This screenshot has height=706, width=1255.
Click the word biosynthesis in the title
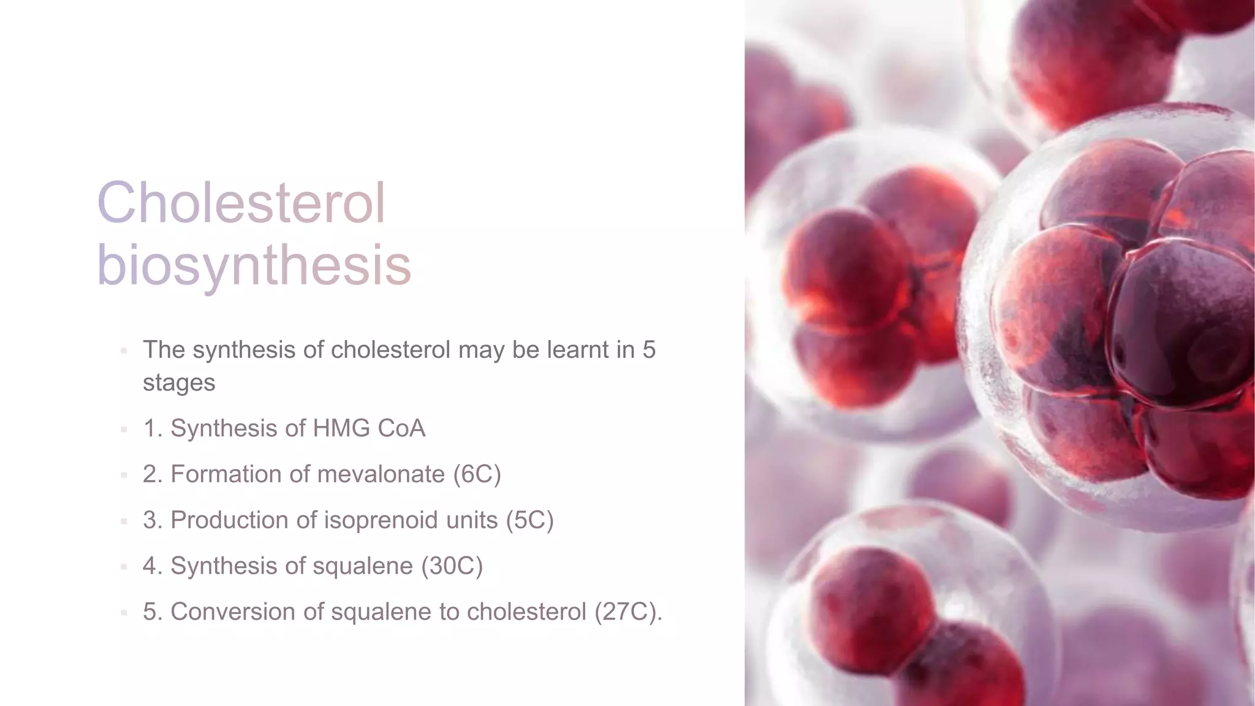(254, 265)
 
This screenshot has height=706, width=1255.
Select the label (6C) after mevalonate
(477, 474)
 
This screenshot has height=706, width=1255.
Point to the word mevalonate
(381, 474)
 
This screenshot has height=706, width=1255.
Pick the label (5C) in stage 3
(529, 520)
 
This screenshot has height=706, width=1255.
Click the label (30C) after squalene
(452, 566)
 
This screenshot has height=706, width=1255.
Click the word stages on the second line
(179, 383)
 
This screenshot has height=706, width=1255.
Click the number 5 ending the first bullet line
(649, 350)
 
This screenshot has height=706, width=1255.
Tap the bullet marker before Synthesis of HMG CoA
(124, 429)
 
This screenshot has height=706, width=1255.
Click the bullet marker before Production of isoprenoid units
(124, 521)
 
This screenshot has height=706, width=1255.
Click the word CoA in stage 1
(401, 428)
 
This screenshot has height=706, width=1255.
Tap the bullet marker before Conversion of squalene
(124, 612)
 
